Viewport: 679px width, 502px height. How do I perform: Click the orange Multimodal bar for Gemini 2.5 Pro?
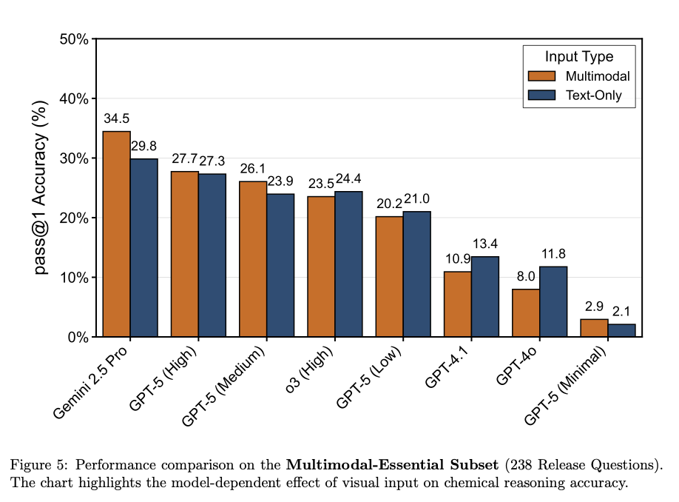(116, 234)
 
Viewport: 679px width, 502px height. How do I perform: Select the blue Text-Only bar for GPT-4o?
(553, 301)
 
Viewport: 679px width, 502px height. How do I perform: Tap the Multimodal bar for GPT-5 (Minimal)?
(594, 328)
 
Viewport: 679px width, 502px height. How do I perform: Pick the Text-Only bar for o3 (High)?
(348, 264)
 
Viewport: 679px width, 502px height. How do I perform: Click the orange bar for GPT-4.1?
(458, 304)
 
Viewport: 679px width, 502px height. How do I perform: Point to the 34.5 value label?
(116, 118)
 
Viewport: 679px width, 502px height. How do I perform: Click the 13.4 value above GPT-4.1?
(485, 244)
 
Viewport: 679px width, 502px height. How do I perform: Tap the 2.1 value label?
(621, 311)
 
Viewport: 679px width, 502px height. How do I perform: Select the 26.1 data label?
(253, 169)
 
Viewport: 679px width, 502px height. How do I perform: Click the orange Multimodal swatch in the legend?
(541, 76)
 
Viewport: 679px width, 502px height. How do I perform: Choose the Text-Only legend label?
(594, 96)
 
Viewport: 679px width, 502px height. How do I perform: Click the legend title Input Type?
(579, 56)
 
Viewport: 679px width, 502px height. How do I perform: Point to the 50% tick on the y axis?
(74, 39)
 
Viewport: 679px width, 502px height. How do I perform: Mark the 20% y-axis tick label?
(74, 218)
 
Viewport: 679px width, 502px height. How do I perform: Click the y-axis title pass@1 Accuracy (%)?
(40, 188)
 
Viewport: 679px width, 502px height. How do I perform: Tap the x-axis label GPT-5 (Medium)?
(223, 386)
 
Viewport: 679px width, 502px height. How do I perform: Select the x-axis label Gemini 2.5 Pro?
(90, 382)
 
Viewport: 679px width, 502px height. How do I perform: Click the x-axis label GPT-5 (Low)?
(369, 377)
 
